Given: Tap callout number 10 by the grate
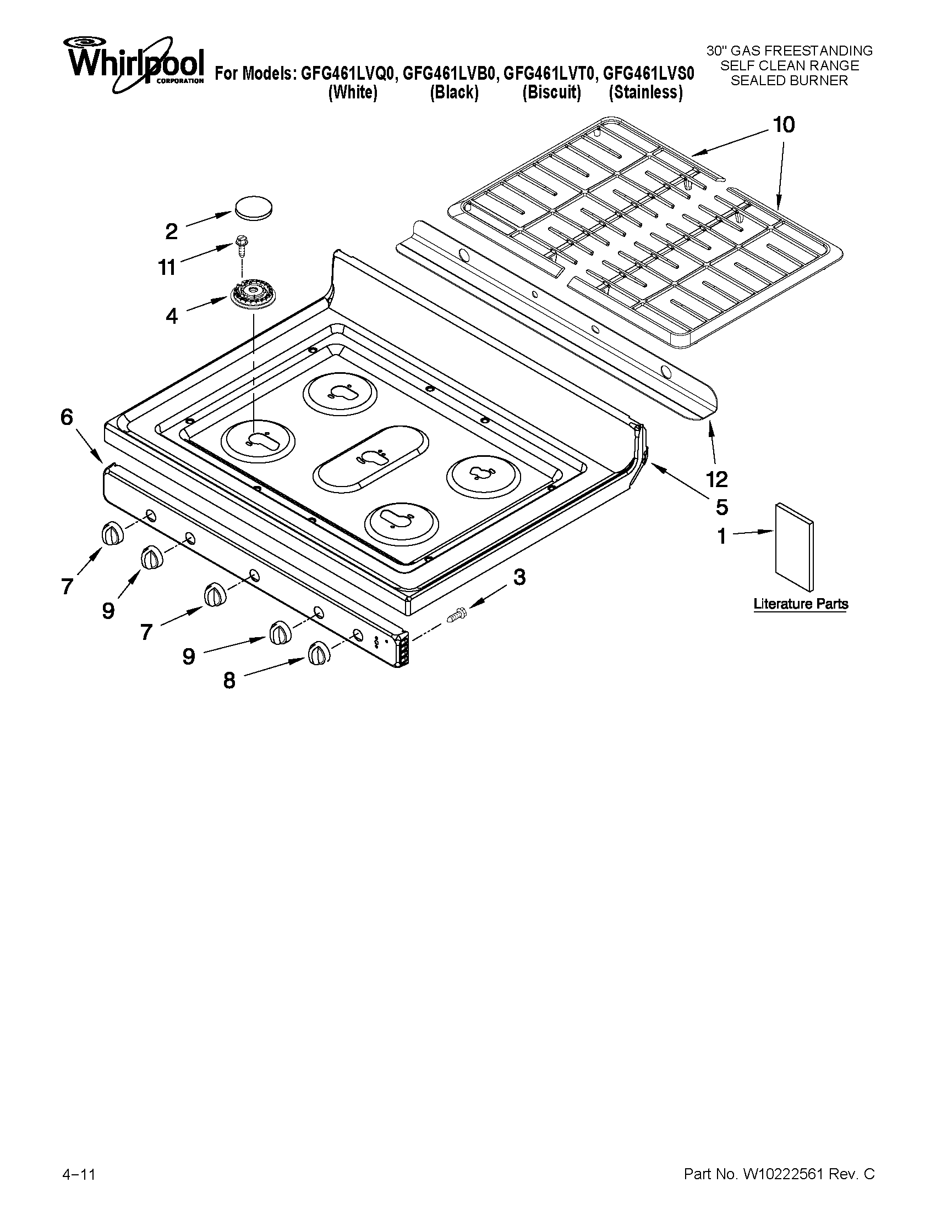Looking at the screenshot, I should (x=783, y=125).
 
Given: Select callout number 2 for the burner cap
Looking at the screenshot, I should (x=171, y=231).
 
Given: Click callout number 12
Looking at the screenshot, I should (x=718, y=479).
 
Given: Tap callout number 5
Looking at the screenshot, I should (x=721, y=506).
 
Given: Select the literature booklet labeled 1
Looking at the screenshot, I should (x=795, y=546).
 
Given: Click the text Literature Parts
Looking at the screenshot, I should (x=800, y=603).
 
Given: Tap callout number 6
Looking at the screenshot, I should (x=67, y=417).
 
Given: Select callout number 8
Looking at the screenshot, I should (x=229, y=681).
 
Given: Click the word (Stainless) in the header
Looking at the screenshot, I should (x=645, y=92).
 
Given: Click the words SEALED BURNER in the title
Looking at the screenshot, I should (x=789, y=80).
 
